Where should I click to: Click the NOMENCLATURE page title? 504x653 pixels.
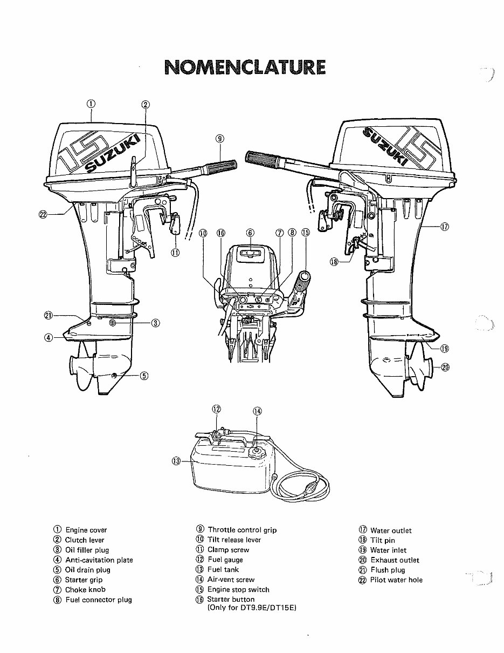[245, 67]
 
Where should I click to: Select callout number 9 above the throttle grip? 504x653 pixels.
[219, 138]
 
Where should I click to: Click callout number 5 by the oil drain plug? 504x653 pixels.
[144, 376]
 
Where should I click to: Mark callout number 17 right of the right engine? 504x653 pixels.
[444, 227]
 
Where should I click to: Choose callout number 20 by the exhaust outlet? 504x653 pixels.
[445, 368]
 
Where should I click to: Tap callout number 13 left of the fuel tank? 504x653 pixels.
[176, 460]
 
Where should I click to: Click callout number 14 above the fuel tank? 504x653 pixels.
[257, 411]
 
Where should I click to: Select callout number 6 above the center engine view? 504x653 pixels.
[250, 233]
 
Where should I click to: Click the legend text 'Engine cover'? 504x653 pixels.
[86, 530]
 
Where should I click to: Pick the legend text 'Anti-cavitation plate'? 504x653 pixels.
[99, 560]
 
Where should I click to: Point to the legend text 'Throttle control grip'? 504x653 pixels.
[242, 530]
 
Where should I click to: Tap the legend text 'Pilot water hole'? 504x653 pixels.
[396, 580]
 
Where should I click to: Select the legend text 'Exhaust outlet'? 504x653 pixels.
[395, 560]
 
